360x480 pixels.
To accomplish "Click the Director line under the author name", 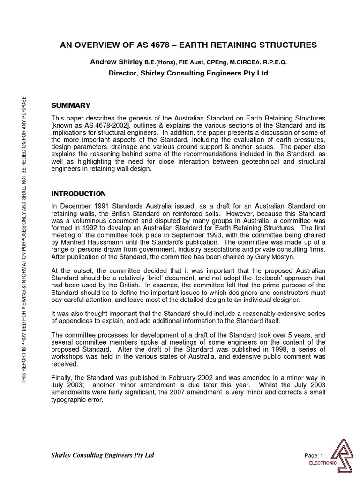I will tap(188, 73).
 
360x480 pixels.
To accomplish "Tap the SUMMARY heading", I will tap(70, 105).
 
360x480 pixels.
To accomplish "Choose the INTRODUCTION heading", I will tap(78, 194).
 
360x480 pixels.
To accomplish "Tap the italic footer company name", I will tap(102, 455).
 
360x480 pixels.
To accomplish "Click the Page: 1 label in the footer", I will tap(314, 455).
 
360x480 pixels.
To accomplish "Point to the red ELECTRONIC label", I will tap(322, 463).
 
